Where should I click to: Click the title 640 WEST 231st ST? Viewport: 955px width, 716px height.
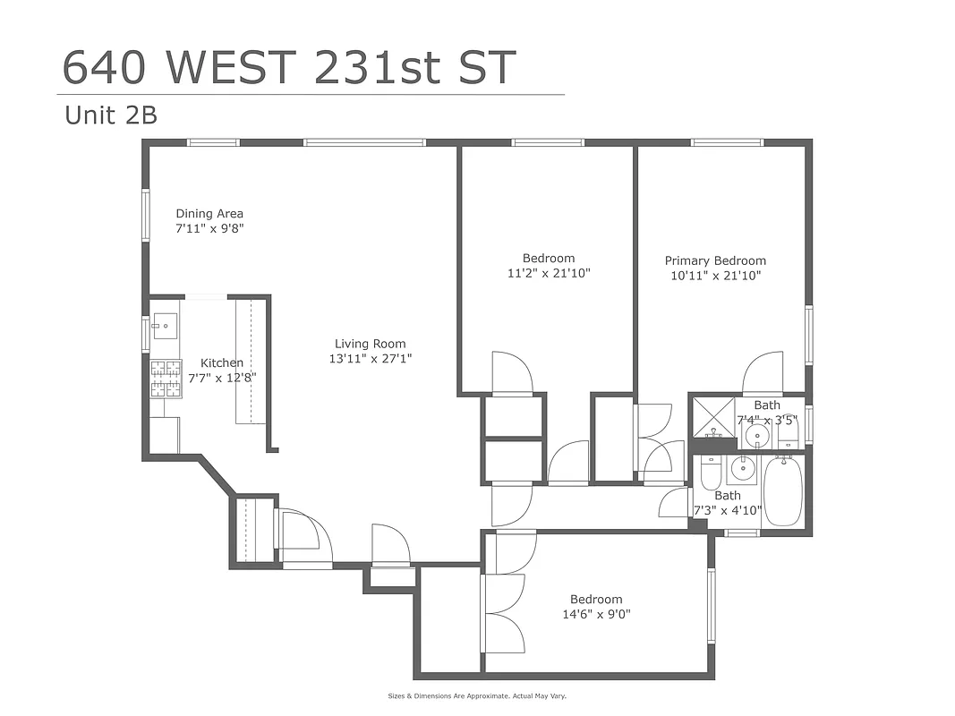point(289,67)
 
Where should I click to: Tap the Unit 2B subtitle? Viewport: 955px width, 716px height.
point(111,115)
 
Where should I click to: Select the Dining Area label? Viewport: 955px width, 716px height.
point(209,214)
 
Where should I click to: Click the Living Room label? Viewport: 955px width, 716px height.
point(370,344)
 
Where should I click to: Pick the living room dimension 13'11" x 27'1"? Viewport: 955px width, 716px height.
point(370,359)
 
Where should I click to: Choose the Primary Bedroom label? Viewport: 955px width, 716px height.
point(715,261)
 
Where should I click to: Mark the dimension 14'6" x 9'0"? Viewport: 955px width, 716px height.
point(595,614)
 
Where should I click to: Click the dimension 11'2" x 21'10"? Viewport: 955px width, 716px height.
point(548,273)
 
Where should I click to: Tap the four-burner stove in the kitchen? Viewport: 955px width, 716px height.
point(166,378)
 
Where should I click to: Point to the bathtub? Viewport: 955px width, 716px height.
point(784,491)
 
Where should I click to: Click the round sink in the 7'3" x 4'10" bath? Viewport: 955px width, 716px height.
point(741,468)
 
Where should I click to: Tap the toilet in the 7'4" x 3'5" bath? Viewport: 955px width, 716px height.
point(788,435)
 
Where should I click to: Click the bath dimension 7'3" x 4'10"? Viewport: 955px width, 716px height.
point(728,511)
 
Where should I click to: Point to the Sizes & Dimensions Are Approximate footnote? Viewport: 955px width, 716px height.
point(477,695)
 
